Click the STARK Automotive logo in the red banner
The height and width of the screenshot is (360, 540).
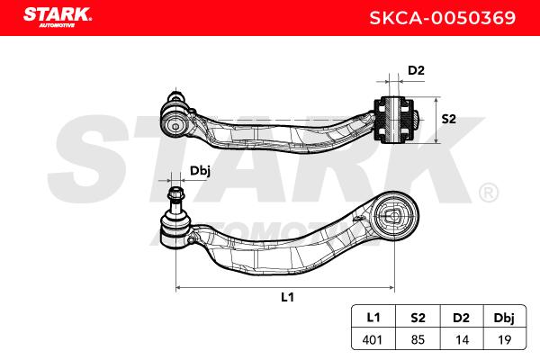point(58,17)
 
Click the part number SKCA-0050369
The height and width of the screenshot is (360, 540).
point(443,18)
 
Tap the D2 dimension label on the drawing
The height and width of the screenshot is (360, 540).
point(416,70)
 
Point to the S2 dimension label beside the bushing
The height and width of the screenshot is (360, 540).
point(448,119)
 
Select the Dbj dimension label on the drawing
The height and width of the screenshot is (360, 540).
point(200,171)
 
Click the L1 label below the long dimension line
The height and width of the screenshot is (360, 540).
point(288,297)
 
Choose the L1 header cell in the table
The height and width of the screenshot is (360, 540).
point(373,317)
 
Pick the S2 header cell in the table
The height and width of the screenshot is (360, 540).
point(418,318)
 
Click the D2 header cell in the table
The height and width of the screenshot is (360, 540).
point(461,318)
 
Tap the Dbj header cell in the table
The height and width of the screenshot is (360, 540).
point(504,318)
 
